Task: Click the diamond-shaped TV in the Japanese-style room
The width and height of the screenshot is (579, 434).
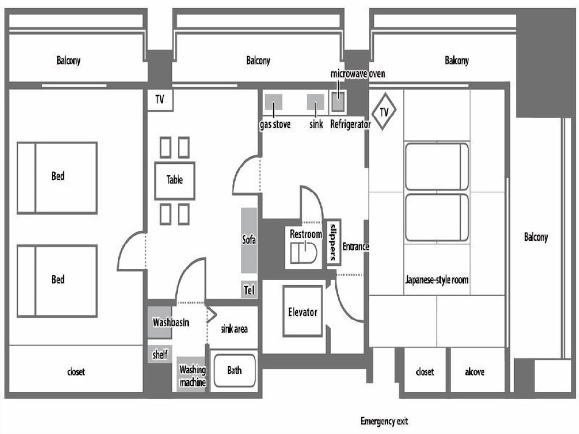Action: point(383,112)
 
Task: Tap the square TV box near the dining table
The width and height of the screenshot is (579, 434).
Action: point(160,101)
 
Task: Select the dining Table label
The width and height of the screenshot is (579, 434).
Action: point(174,180)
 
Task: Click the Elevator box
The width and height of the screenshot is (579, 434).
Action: point(303,311)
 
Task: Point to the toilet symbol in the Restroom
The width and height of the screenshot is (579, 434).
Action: point(303,252)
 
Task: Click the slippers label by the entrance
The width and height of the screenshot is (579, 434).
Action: point(333,242)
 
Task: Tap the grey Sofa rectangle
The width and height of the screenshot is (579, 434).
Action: point(249,240)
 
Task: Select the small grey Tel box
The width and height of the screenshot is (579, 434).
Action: point(249,290)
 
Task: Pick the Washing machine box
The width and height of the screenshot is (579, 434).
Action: point(192,374)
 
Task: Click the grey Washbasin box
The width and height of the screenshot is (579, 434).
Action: point(160,322)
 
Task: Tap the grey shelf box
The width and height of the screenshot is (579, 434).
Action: point(159,354)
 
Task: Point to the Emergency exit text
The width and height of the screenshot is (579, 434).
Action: point(384,421)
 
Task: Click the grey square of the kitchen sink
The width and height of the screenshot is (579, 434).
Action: point(315,102)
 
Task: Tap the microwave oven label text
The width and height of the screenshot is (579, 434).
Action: point(357,73)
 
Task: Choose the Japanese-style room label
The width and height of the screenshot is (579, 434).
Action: point(437,280)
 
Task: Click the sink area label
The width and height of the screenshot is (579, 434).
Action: point(234,329)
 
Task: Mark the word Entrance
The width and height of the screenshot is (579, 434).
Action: point(356,247)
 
